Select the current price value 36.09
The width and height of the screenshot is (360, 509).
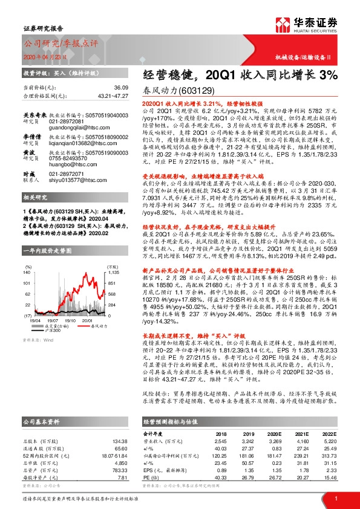(123, 88)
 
